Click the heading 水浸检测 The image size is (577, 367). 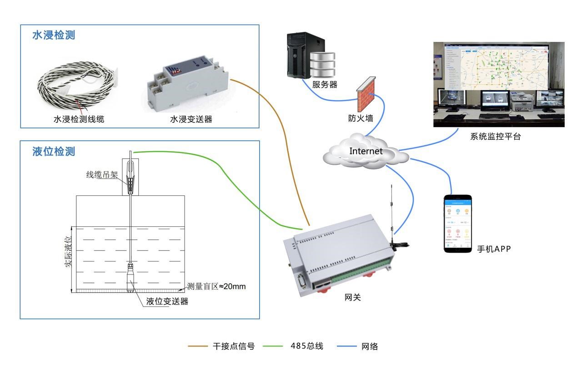53,35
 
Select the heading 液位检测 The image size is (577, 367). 53,151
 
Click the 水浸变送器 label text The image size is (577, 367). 191,119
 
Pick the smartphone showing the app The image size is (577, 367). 457,224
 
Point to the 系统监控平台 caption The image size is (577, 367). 495,136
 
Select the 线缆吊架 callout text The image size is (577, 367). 102,174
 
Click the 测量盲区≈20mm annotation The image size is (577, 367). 216,287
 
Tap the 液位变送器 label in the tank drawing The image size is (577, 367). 167,301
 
